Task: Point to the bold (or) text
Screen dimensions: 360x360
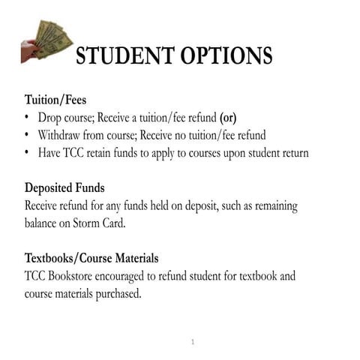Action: (227, 118)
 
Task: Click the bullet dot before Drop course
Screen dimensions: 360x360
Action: (28, 118)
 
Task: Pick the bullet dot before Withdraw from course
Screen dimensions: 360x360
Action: (28, 135)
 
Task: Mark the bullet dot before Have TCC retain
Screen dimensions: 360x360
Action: (28, 153)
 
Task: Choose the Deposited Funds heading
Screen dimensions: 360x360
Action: (64, 187)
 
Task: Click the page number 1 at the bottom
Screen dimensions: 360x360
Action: (193, 342)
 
